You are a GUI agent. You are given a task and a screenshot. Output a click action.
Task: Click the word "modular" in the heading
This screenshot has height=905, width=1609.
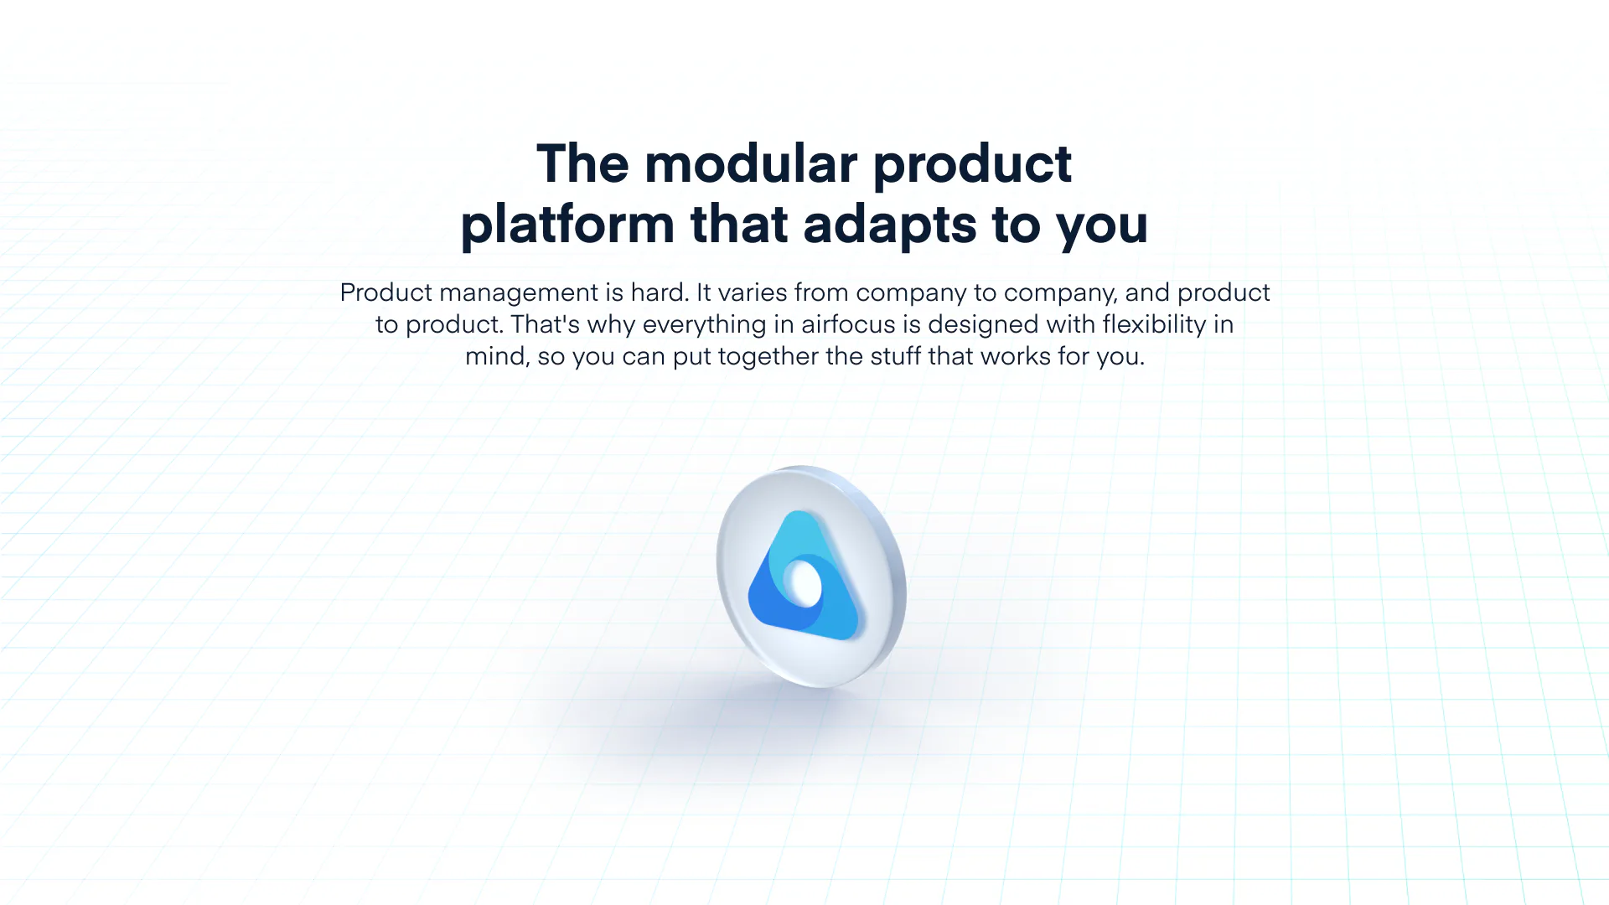click(751, 163)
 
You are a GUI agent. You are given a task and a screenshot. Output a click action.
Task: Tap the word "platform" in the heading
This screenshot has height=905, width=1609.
click(567, 225)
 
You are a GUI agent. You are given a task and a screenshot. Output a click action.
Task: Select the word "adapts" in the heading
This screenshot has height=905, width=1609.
click(890, 225)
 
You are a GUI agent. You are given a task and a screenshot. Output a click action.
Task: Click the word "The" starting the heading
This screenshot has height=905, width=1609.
click(582, 163)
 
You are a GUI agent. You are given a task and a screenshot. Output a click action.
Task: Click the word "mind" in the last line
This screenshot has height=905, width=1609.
click(496, 356)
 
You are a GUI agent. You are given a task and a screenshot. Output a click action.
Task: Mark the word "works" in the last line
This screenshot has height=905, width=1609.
click(1015, 356)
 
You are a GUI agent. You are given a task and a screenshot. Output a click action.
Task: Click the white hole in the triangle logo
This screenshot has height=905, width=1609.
click(803, 583)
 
